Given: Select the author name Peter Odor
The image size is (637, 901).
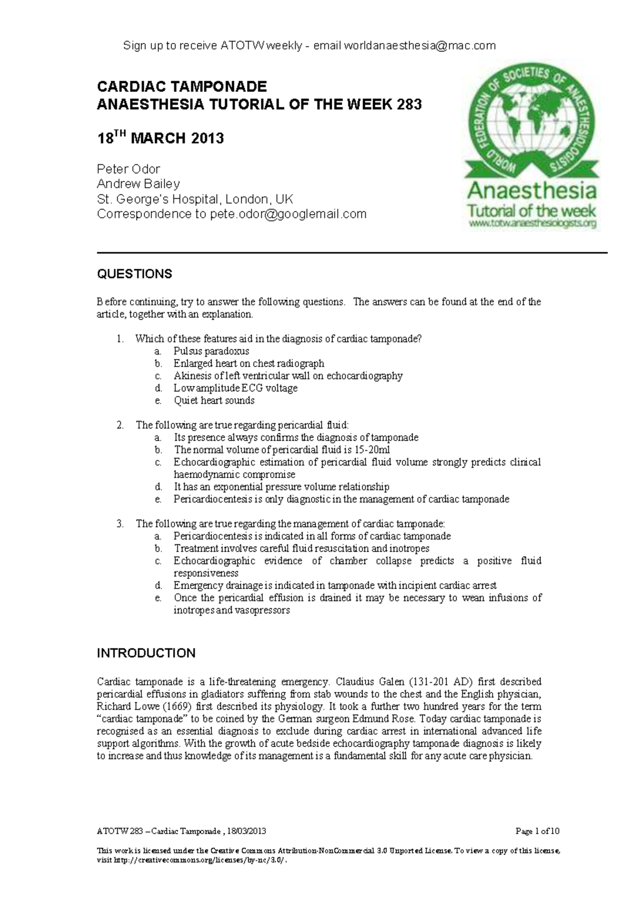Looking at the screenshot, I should [128, 169].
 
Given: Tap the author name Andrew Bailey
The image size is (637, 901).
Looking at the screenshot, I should [138, 184].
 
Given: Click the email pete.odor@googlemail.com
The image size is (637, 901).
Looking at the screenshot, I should [288, 214].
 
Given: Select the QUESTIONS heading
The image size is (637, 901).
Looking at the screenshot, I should [134, 274].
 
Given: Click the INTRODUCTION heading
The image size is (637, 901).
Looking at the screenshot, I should [146, 653].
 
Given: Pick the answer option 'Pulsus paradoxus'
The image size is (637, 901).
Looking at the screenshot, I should [211, 351].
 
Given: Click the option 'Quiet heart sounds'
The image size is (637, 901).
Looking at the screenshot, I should [214, 401].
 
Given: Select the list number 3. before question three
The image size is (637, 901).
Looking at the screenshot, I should [120, 524].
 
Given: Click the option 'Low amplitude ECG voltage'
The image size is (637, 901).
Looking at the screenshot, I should [235, 388].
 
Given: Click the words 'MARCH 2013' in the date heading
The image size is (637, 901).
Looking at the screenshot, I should [177, 139].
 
